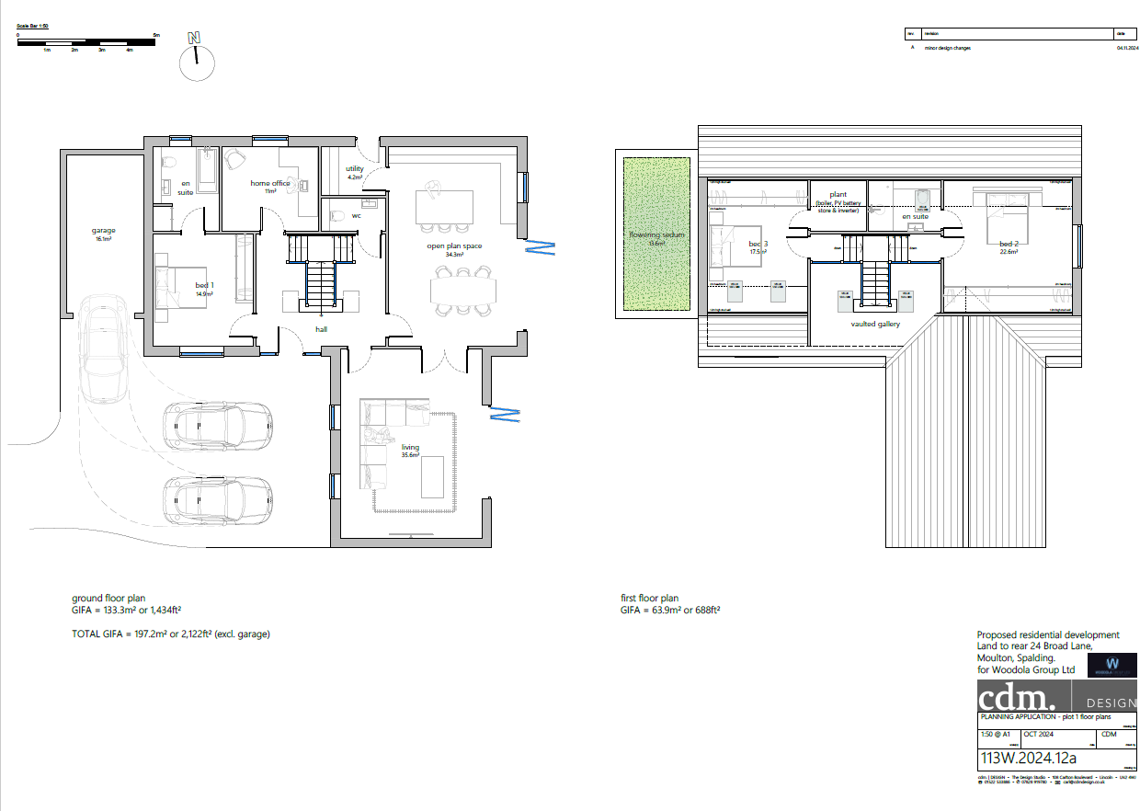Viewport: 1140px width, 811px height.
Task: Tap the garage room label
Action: point(103,231)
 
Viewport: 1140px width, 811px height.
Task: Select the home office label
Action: point(270,183)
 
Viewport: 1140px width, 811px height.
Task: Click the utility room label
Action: point(355,169)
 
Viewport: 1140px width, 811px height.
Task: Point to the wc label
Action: point(355,216)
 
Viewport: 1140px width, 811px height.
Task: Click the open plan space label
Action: point(453,246)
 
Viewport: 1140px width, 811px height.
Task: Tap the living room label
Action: point(410,447)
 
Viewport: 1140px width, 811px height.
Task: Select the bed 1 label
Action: point(204,286)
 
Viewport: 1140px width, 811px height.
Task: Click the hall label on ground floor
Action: point(321,328)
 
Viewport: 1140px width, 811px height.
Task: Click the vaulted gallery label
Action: point(875,324)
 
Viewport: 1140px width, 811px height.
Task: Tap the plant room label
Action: point(838,195)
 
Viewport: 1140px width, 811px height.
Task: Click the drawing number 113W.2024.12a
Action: point(1028,758)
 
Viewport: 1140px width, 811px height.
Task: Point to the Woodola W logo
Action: point(1111,664)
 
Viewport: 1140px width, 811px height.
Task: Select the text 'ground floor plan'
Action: point(108,598)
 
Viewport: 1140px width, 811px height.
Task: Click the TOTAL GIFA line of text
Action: point(170,634)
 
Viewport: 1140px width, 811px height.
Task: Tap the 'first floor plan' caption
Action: point(649,598)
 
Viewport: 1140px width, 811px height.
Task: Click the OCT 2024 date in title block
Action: point(1039,734)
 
